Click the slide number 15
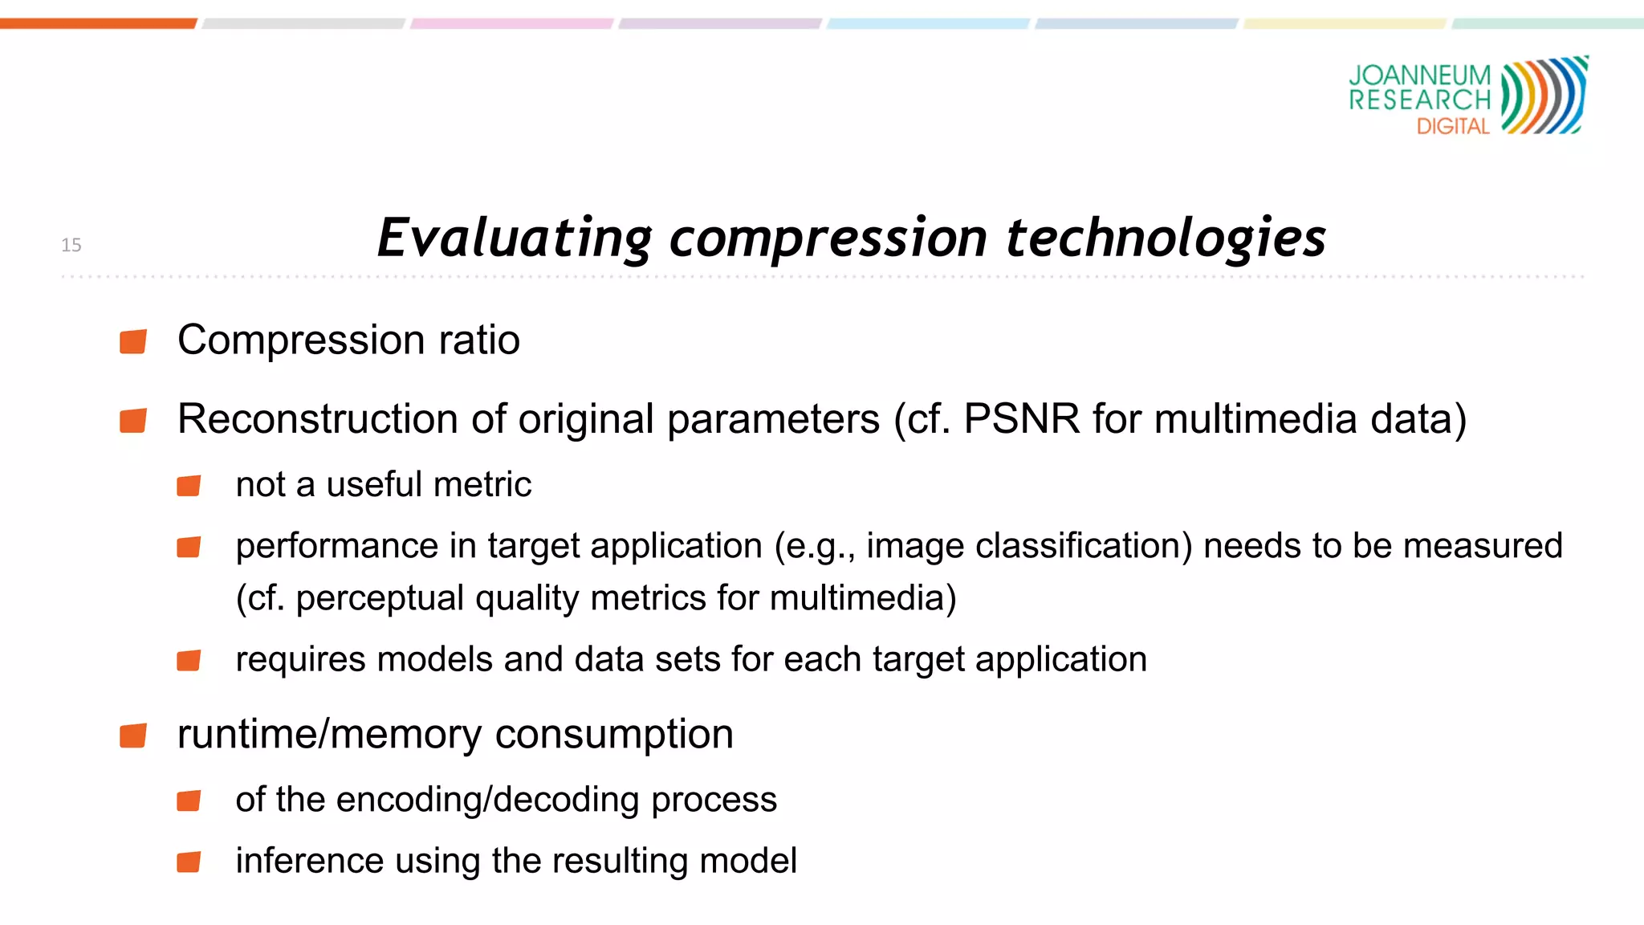71,245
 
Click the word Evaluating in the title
515,238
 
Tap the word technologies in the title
1165,238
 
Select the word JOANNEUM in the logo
1419,75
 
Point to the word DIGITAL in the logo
1453,127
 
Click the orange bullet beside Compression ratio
133,341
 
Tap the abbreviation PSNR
1021,419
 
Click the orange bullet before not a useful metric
189,486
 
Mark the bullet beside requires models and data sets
189,660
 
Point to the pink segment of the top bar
511,23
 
